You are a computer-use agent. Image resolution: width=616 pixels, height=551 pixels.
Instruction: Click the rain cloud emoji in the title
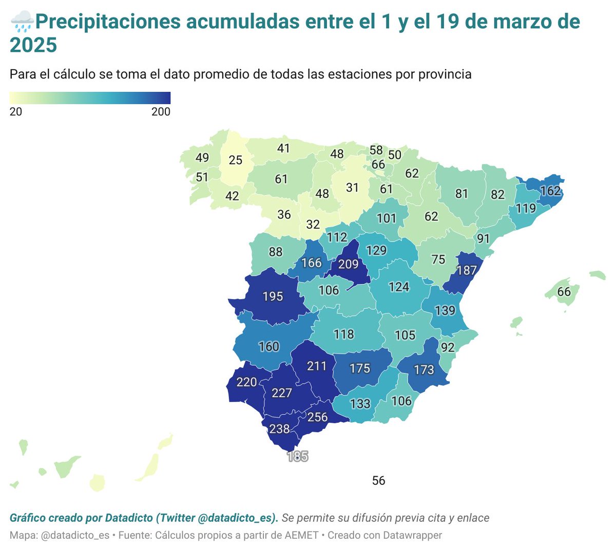point(22,22)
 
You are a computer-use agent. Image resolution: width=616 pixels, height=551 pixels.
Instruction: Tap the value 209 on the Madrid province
point(348,264)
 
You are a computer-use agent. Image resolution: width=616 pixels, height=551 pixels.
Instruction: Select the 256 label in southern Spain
point(317,417)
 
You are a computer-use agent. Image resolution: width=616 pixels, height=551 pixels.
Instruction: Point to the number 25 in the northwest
point(236,160)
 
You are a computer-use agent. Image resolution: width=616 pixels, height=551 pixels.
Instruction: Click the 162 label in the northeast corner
point(550,191)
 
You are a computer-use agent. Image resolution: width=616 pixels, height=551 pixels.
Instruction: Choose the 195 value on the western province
point(273,297)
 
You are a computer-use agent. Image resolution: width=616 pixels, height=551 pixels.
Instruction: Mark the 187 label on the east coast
point(467,270)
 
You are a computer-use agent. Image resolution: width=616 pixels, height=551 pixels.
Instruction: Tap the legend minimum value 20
point(16,112)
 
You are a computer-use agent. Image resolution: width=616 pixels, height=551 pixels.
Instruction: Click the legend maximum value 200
point(161,112)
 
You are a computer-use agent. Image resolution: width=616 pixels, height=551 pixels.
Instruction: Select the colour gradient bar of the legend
point(90,98)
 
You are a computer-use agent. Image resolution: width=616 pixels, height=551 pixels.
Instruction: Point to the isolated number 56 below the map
point(378,481)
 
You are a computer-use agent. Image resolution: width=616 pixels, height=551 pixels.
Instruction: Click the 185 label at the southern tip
point(298,456)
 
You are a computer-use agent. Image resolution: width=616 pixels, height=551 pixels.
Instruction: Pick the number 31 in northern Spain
point(352,188)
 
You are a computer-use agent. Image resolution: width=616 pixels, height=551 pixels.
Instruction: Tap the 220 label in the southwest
point(246,382)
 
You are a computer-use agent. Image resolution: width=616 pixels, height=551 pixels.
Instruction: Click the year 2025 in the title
point(33,46)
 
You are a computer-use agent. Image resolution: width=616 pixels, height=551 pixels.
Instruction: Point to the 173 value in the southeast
point(423,369)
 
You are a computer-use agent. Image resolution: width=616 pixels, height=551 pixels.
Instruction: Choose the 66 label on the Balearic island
point(564,291)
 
